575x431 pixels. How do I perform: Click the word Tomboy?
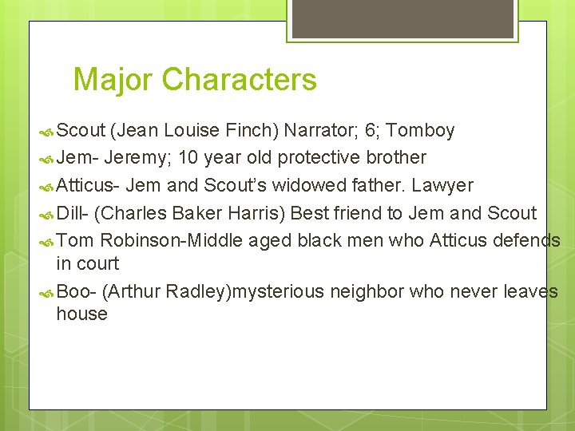tap(420, 130)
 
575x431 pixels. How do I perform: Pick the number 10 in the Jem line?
tap(188, 157)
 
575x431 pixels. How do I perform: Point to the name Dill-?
tap(73, 213)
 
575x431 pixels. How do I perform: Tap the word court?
tap(97, 263)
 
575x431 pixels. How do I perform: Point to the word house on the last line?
tap(81, 314)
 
